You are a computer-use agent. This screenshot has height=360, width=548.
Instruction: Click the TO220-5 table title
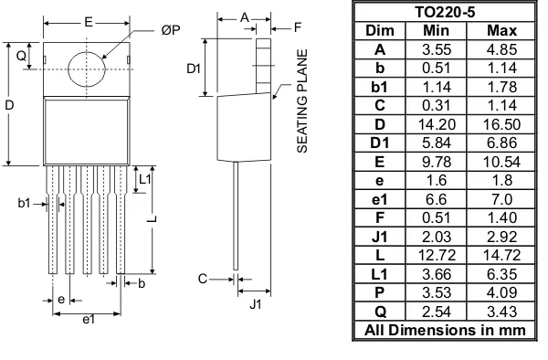(445, 13)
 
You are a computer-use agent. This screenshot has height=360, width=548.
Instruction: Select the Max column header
(501, 31)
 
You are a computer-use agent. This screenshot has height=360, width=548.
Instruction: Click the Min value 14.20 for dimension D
(437, 124)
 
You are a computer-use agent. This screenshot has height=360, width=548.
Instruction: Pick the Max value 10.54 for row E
(501, 162)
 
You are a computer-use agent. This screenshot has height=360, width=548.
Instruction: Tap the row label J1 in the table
(380, 237)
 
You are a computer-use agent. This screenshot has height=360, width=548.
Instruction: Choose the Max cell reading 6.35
(501, 274)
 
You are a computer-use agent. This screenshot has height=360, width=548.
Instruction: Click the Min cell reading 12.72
(437, 256)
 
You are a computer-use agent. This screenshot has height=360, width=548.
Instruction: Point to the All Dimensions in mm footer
(445, 330)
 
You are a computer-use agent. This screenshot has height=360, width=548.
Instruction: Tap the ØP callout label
(171, 30)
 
